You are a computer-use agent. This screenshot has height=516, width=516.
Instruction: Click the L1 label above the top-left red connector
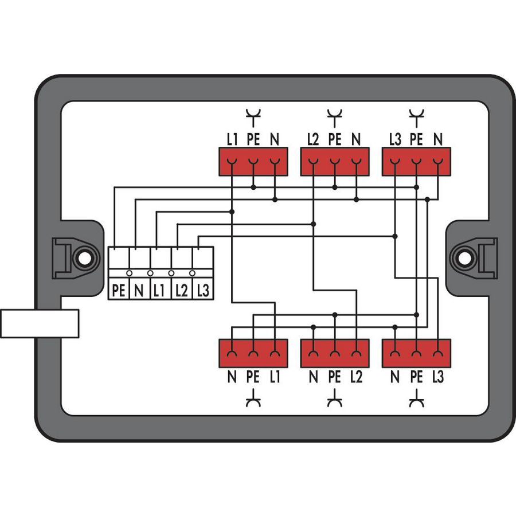tap(232, 139)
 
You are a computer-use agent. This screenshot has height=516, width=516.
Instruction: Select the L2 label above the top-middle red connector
tap(313, 139)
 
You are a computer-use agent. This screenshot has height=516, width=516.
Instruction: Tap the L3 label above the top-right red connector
tap(394, 139)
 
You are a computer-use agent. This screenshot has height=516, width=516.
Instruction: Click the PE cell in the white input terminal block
tap(119, 291)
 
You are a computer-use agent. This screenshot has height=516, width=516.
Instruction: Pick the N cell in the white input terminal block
tap(139, 291)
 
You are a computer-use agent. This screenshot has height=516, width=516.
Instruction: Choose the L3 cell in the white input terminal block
tap(202, 291)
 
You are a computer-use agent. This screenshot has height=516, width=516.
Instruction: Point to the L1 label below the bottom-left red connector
tap(275, 377)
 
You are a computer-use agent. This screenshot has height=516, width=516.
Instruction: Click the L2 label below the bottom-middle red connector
tap(356, 377)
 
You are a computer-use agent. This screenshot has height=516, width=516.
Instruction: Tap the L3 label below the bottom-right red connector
tap(438, 377)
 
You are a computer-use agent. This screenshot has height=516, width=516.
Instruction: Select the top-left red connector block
tap(253, 161)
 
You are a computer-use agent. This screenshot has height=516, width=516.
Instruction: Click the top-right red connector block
tap(416, 161)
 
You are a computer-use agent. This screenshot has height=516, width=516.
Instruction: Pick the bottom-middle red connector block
tap(334, 353)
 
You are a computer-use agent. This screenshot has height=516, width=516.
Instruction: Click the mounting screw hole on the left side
tap(84, 258)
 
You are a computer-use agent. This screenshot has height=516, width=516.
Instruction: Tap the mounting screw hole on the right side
tap(464, 258)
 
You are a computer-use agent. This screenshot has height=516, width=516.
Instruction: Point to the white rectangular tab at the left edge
tap(39, 323)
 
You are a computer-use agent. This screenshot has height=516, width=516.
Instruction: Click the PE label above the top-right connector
tap(416, 139)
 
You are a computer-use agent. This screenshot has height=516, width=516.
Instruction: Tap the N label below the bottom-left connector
tap(232, 377)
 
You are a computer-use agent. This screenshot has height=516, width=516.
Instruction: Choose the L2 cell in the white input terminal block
tap(181, 291)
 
